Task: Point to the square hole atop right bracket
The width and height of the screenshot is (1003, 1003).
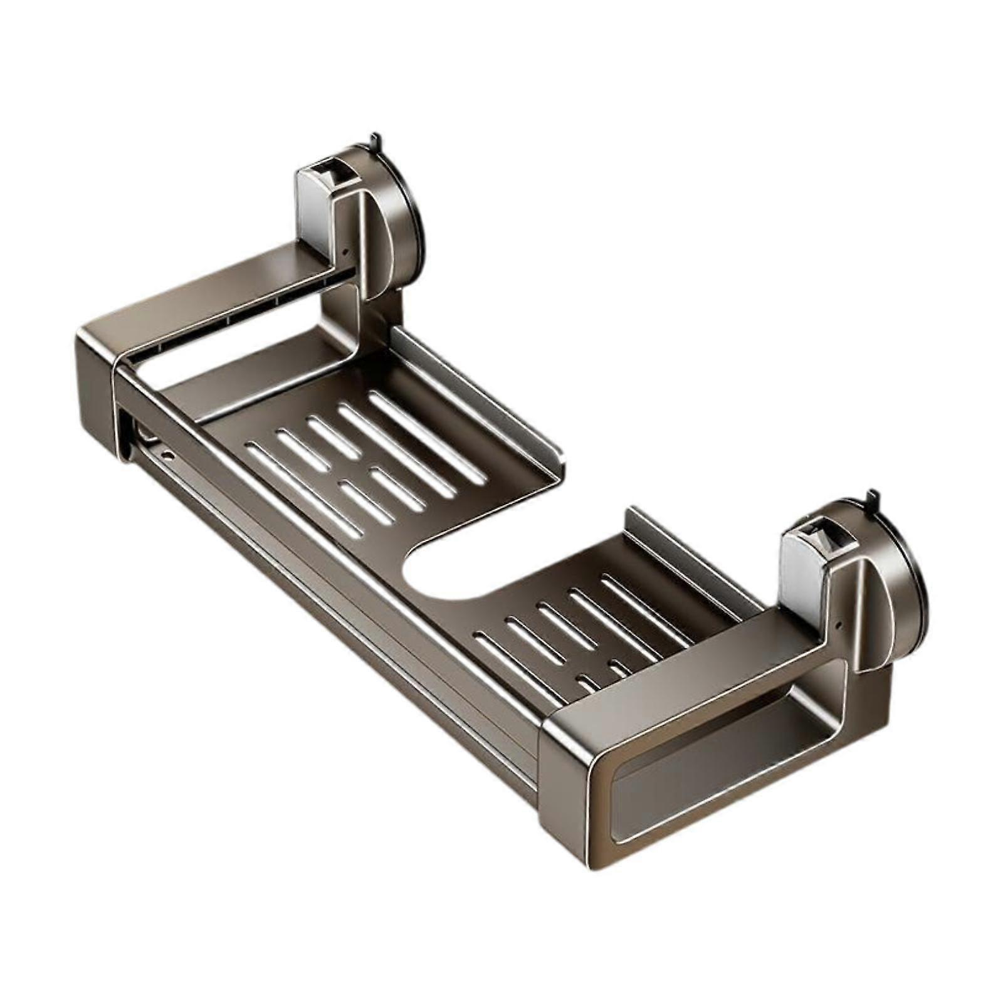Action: coord(816,532)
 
